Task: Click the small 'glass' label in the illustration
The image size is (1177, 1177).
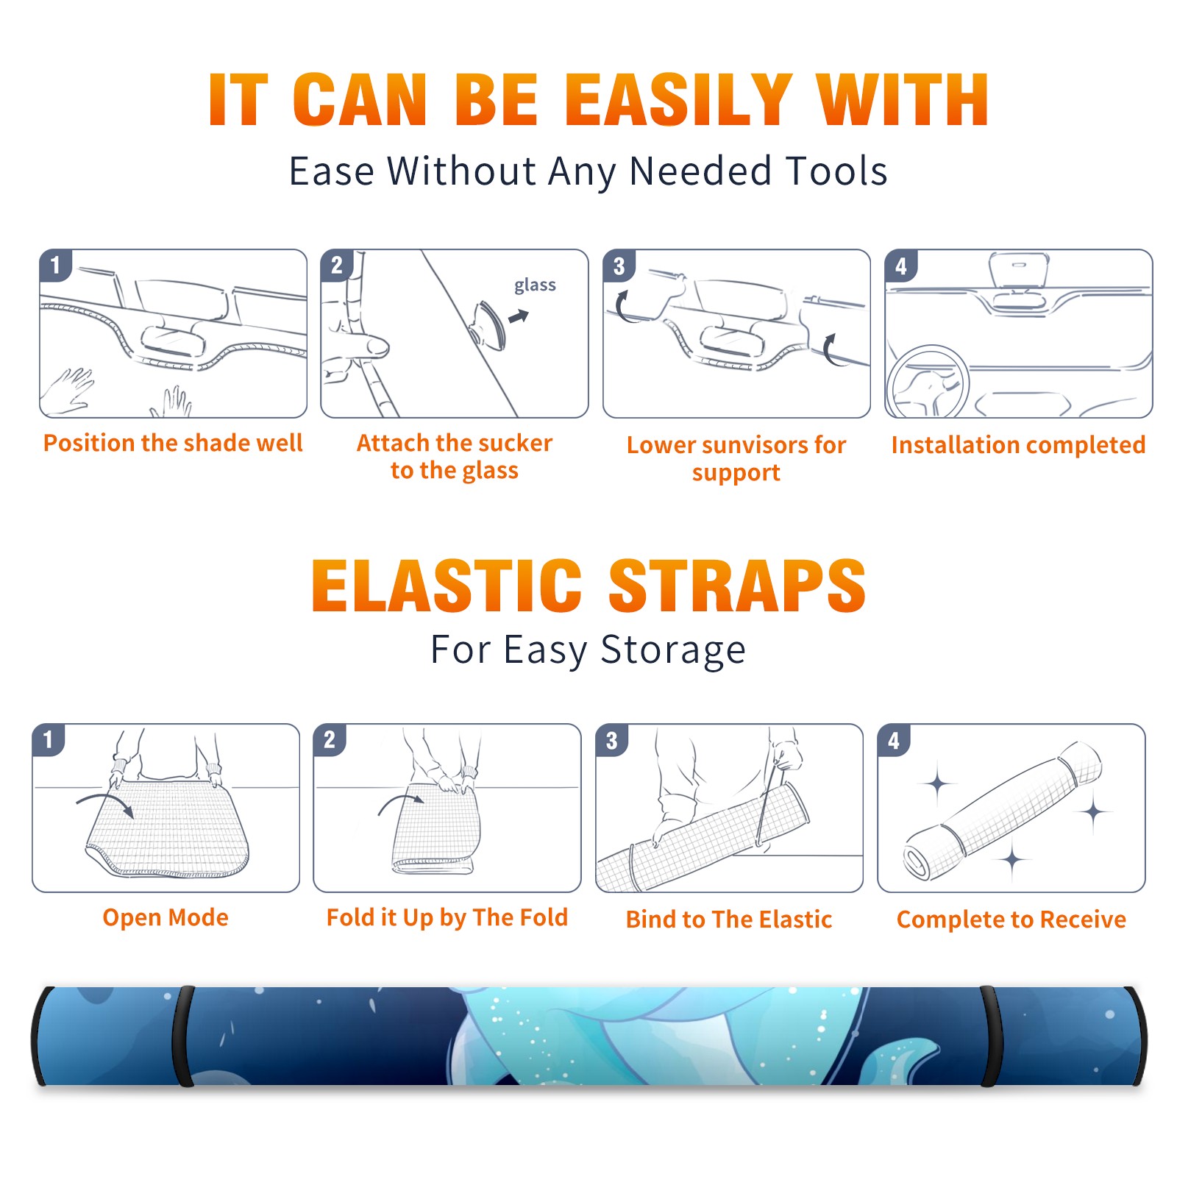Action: [535, 285]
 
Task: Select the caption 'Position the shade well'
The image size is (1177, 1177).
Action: [173, 443]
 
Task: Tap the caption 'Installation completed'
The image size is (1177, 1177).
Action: [1018, 445]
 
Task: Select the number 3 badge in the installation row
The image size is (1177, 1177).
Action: [619, 266]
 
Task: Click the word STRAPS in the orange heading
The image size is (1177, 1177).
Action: [737, 586]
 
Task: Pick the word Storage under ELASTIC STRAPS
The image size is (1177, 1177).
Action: [673, 650]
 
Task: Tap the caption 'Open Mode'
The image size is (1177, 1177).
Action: [166, 917]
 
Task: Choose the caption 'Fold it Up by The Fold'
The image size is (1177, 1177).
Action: [447, 918]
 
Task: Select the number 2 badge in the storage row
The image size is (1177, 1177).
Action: [330, 740]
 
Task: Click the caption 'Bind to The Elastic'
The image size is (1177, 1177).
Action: [729, 920]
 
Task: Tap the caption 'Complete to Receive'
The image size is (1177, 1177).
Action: [1011, 920]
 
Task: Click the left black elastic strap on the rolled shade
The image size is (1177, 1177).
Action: [183, 1036]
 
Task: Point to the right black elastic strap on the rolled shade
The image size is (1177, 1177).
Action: [990, 1036]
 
